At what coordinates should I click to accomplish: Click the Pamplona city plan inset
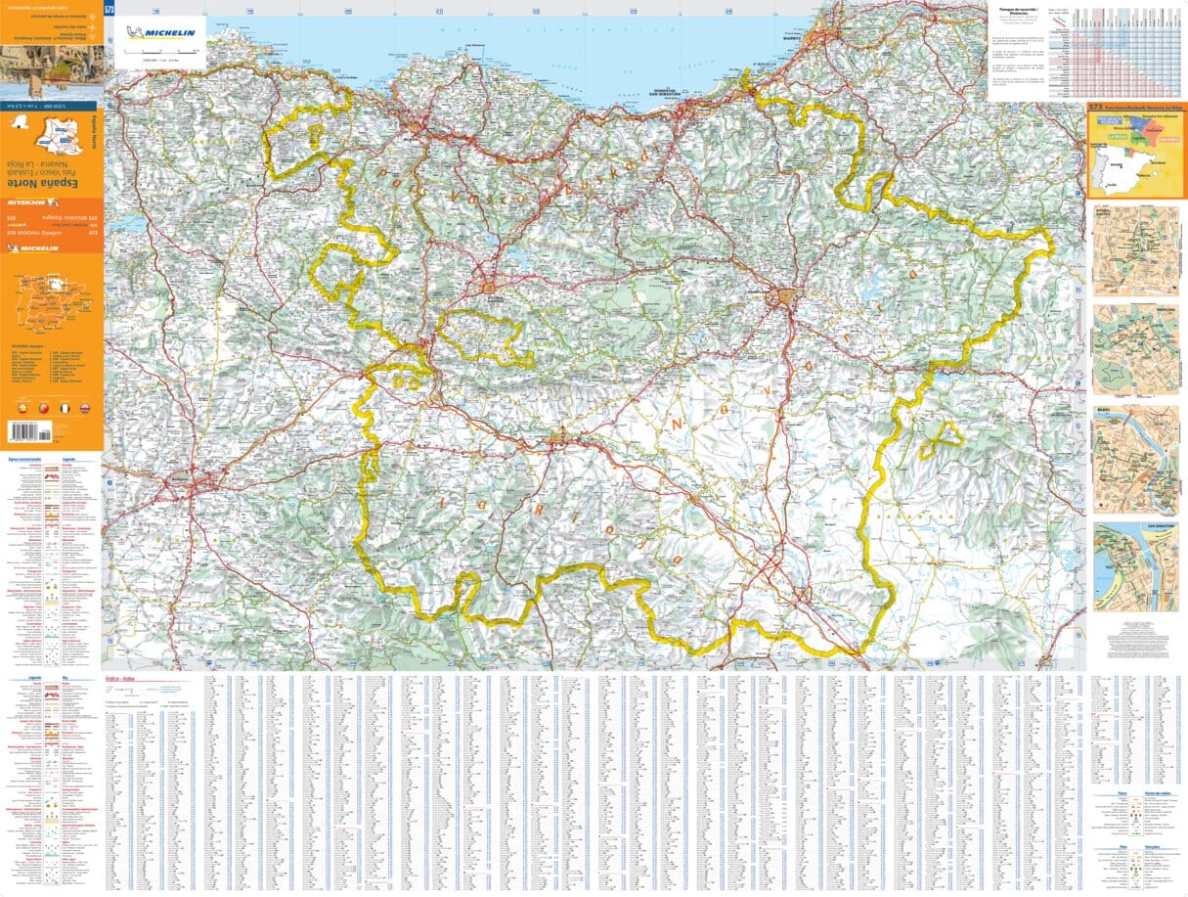tap(1135, 349)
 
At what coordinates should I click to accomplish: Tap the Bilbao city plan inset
tap(1135, 460)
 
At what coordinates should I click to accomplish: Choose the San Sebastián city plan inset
tap(1135, 567)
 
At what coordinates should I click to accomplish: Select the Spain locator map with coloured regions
tap(1134, 152)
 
